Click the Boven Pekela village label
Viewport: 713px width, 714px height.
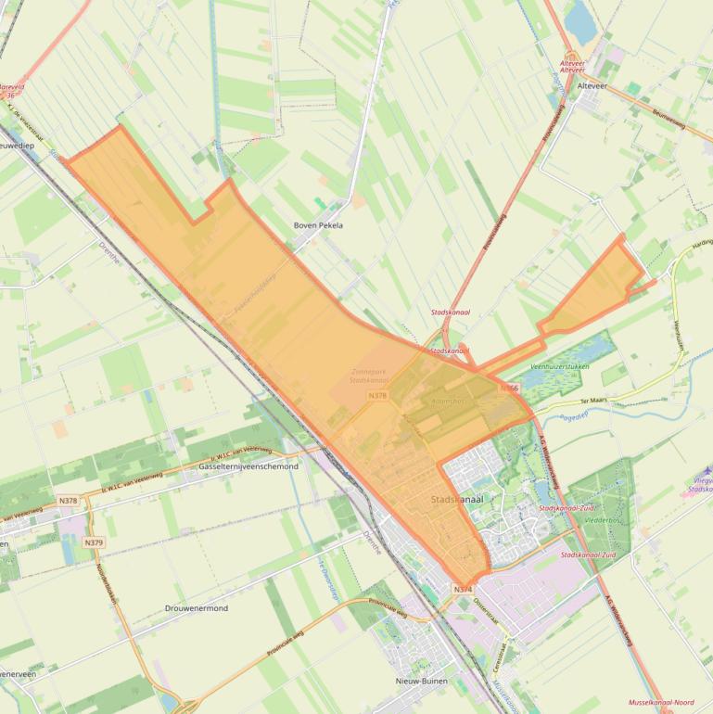(x=318, y=225)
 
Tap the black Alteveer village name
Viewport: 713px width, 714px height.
(x=592, y=85)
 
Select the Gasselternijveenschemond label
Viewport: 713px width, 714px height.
(x=248, y=466)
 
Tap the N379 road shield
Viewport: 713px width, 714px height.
(x=94, y=542)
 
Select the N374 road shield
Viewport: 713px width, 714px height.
(x=464, y=589)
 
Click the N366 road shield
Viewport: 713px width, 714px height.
(x=509, y=388)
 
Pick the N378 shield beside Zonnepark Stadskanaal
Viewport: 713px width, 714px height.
(x=377, y=395)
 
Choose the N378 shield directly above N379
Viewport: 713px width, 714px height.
(x=68, y=501)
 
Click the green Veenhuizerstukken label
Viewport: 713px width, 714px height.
(x=559, y=367)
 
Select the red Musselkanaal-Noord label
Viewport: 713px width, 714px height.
(x=660, y=703)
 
